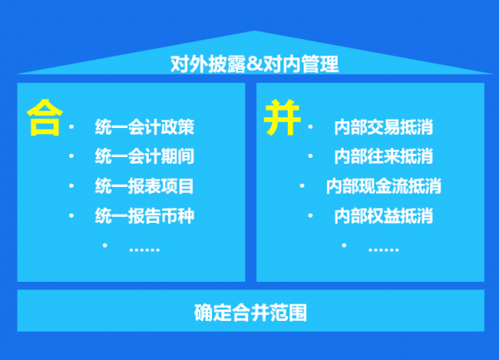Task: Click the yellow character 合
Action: point(45,118)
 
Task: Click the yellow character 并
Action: point(282,118)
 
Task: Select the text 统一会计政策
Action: point(145,127)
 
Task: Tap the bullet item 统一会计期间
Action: point(145,156)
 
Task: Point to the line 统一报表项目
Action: point(144,186)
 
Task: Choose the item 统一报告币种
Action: point(145,216)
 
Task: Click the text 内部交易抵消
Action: point(383,127)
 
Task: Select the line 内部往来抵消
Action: point(383,156)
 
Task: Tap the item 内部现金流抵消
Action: point(383,186)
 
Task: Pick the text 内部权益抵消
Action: point(383,216)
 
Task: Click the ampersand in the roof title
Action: point(254,64)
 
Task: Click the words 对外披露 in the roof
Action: point(209,64)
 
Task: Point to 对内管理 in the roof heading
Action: point(300,64)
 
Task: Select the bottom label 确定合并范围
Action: point(250,313)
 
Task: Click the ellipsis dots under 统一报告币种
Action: point(145,250)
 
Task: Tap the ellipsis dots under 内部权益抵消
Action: point(383,250)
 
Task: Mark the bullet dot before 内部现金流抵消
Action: point(302,185)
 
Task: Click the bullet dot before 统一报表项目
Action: point(72,185)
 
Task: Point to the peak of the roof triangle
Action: point(254,31)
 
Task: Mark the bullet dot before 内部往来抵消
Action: point(310,155)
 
